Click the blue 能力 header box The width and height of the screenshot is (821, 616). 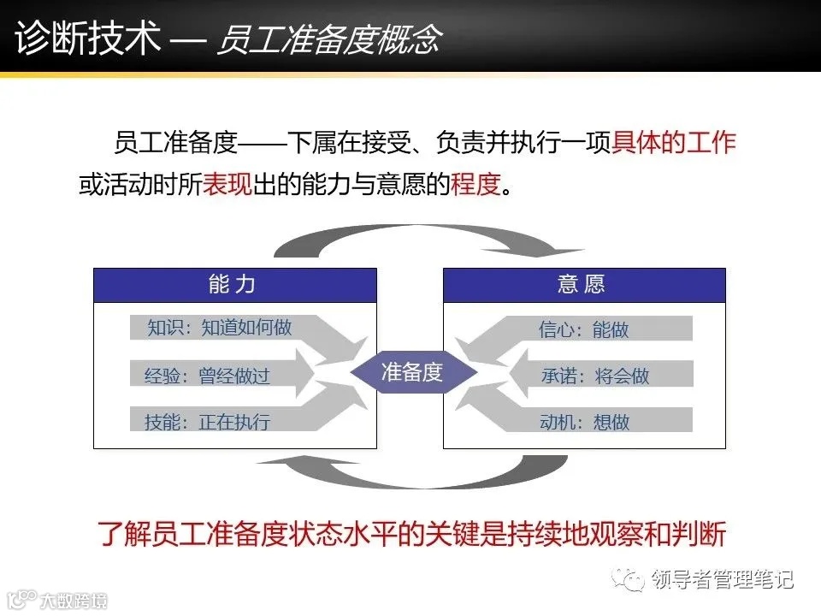(x=234, y=285)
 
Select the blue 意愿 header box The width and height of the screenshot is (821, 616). (x=584, y=285)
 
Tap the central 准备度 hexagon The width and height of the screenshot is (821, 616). (x=410, y=373)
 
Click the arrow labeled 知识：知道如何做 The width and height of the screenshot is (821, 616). (x=222, y=328)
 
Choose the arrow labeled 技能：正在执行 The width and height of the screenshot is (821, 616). (x=210, y=421)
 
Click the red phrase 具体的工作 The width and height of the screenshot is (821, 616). (x=674, y=142)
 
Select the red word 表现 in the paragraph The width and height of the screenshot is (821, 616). (x=227, y=184)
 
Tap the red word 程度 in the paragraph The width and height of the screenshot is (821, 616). (x=474, y=184)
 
